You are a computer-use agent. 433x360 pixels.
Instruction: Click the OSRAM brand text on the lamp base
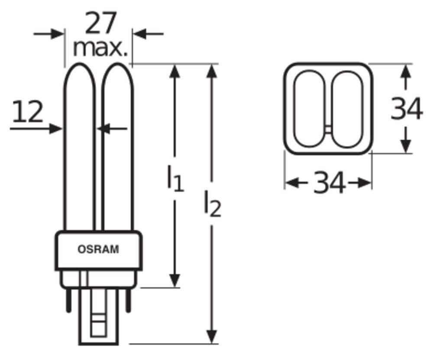98,249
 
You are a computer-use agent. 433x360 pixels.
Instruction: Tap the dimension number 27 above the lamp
100,23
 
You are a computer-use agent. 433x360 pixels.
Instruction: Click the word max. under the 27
100,48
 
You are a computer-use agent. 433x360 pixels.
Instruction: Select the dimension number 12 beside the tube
28,111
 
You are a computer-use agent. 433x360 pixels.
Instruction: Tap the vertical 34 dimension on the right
407,109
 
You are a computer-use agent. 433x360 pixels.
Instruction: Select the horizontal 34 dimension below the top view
329,182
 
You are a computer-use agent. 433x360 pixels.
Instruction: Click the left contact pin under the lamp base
69,300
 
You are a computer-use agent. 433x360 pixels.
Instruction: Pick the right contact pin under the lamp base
128,300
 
